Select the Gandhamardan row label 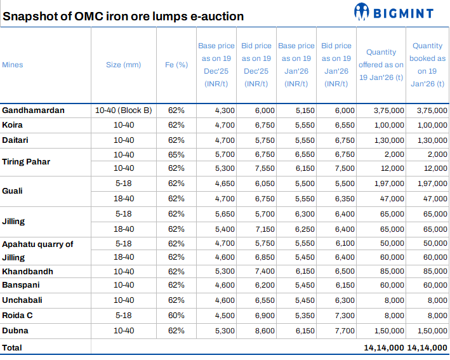(x=34, y=110)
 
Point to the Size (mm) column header (x=124, y=65)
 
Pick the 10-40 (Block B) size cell (x=124, y=110)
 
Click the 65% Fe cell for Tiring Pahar (x=176, y=155)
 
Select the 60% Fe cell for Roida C (x=176, y=316)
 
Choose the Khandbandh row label (x=27, y=272)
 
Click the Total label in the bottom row (x=12, y=347)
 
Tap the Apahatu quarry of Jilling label (x=37, y=251)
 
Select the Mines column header (x=13, y=65)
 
